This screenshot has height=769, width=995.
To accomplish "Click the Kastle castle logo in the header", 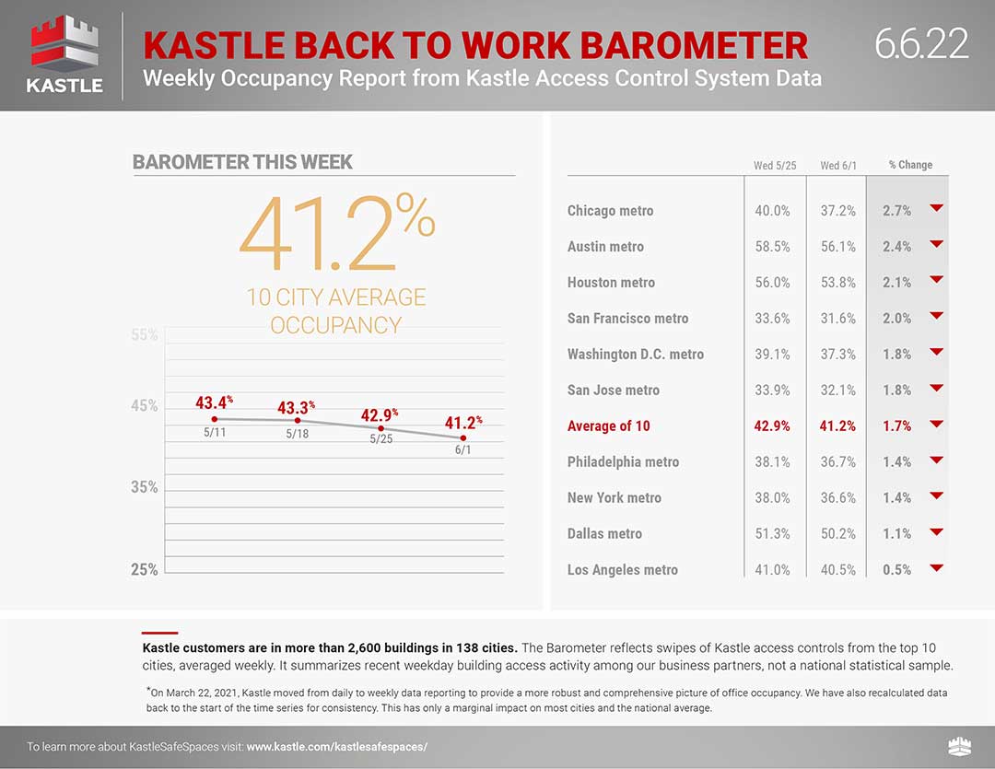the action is [x=64, y=55].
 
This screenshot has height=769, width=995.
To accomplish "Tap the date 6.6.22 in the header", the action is [x=921, y=43].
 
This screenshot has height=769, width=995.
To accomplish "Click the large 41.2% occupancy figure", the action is [x=337, y=233].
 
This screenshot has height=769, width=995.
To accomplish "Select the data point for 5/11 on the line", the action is [x=215, y=419].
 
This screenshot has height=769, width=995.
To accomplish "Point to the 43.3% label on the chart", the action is [x=296, y=407].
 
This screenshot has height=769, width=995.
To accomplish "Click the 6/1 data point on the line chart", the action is [x=463, y=437].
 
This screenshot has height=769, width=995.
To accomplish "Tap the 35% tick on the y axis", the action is [x=144, y=487].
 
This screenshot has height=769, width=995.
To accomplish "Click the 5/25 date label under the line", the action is [x=380, y=439].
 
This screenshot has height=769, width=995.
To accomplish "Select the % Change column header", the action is [x=910, y=165].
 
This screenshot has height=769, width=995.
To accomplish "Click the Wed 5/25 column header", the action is [x=775, y=166].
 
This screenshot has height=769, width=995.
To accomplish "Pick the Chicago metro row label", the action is [x=611, y=211].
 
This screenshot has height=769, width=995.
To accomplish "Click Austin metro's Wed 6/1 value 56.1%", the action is [x=837, y=247].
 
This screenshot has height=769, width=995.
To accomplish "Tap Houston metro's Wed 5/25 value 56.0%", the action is [x=772, y=283].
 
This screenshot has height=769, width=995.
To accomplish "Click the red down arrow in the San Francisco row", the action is [x=936, y=315].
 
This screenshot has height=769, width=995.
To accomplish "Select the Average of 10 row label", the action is [x=609, y=426].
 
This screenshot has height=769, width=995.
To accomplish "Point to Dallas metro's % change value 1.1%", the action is [x=896, y=534].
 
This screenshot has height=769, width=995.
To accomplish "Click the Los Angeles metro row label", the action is [x=623, y=570].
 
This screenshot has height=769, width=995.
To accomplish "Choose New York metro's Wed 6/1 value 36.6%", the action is [x=837, y=498].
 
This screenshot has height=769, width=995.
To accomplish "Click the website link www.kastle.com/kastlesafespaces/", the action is [x=337, y=747].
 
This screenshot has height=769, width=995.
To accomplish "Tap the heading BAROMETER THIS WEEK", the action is [x=242, y=162].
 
